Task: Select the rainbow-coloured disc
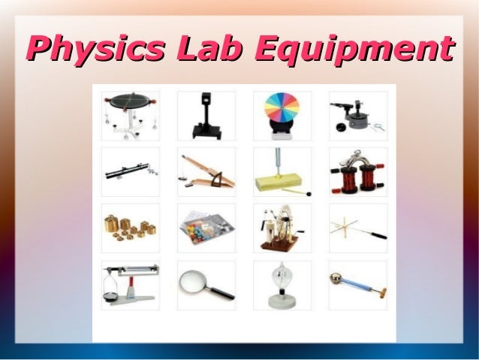pyautogui.click(x=282, y=111)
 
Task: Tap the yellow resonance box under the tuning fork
pyautogui.click(x=280, y=180)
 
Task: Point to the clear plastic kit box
pyautogui.click(x=205, y=228)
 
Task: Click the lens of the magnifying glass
pyautogui.click(x=193, y=280)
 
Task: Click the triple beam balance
pyautogui.click(x=130, y=282)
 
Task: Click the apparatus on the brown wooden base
pyautogui.click(x=281, y=229)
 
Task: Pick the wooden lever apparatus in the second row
pyautogui.click(x=205, y=172)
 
